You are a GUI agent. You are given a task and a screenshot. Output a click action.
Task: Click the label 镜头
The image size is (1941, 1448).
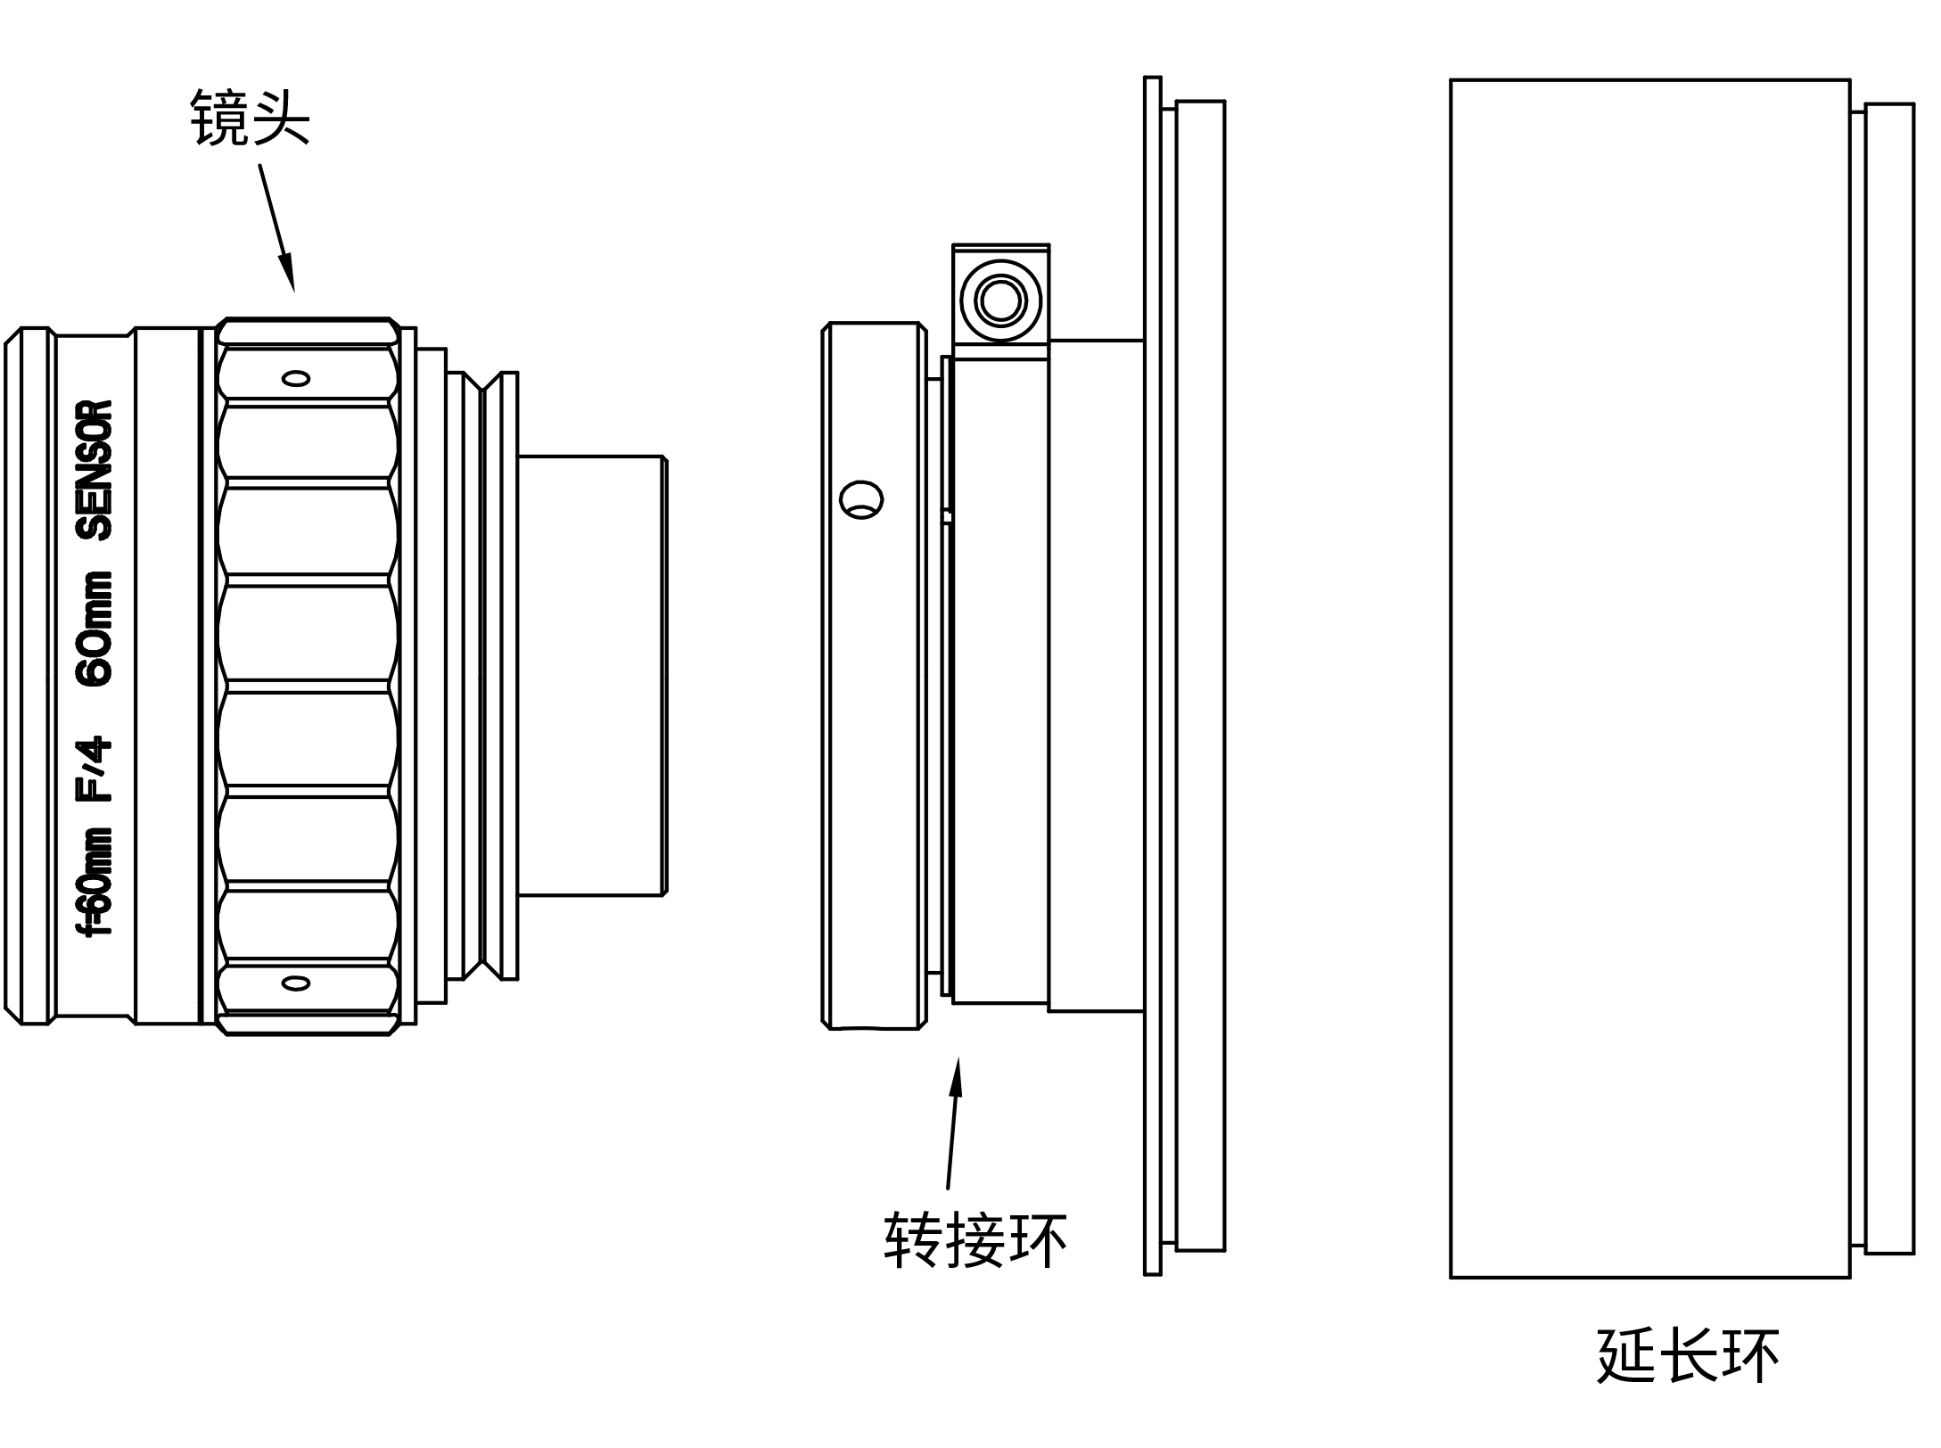[250, 118]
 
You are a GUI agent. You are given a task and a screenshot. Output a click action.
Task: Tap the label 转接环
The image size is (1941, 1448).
[975, 1239]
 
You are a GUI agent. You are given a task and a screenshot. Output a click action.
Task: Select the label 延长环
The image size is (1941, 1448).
[1688, 1356]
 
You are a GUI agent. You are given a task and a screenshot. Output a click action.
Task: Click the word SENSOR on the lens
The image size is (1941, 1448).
[95, 470]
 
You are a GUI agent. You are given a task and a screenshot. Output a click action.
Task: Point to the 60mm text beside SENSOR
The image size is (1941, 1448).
[95, 629]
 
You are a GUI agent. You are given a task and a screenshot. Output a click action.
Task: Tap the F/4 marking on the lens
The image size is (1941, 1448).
[95, 769]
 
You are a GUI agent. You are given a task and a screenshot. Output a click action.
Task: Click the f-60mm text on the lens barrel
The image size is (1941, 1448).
[95, 881]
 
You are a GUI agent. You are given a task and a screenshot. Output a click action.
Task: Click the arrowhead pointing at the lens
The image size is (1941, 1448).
[287, 273]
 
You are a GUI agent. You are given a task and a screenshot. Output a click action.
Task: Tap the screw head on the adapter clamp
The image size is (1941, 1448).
[1000, 300]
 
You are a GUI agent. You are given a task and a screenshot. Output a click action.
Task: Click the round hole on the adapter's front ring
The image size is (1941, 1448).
[861, 500]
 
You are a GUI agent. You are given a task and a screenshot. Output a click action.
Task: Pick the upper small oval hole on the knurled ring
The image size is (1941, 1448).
[296, 378]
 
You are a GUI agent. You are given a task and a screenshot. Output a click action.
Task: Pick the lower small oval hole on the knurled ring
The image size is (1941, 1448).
[296, 983]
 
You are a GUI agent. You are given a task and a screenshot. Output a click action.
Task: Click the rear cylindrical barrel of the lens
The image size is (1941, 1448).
[591, 675]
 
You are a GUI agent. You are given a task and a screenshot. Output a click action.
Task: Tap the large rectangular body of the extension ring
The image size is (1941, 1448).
[1649, 678]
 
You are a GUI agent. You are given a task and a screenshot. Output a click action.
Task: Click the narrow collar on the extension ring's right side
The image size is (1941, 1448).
[1888, 678]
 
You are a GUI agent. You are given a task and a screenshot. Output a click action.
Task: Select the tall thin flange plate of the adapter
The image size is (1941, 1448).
[1153, 675]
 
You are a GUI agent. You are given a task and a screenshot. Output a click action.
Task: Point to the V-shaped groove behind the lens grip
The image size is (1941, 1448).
[481, 675]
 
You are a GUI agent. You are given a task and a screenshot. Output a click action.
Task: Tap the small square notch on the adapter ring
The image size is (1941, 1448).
[947, 517]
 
